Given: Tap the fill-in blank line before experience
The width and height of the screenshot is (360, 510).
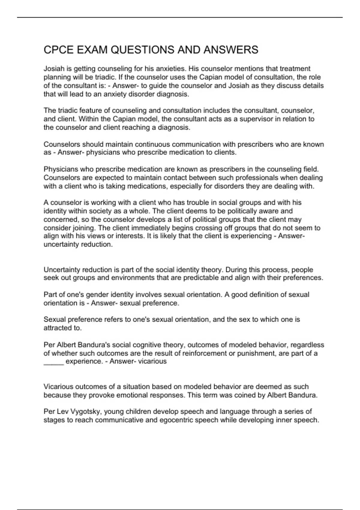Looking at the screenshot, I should (x=54, y=362).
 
